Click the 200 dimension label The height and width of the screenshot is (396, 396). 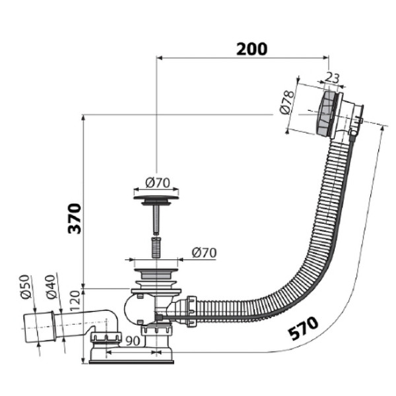(x=251, y=49)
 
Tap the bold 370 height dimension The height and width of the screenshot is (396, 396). (x=75, y=218)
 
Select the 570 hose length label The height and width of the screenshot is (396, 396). (x=304, y=328)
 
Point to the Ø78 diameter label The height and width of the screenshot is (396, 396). (x=287, y=102)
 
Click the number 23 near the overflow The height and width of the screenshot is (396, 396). (x=331, y=77)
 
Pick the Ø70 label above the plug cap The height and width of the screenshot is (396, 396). (x=158, y=183)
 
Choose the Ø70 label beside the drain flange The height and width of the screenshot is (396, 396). (x=204, y=253)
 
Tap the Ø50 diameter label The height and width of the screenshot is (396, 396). (x=26, y=286)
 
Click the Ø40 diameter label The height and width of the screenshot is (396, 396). (x=51, y=286)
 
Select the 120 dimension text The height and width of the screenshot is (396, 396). (x=75, y=300)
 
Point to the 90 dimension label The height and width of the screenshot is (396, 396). (x=133, y=341)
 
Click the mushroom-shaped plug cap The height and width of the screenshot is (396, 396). (x=156, y=198)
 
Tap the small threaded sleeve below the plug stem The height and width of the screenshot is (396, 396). (x=156, y=247)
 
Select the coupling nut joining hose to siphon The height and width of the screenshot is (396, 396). (x=191, y=312)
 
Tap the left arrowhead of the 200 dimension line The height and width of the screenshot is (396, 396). (x=159, y=58)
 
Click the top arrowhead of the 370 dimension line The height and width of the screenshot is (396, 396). (x=83, y=117)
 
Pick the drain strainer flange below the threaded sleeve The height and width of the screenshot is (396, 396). (x=156, y=274)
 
